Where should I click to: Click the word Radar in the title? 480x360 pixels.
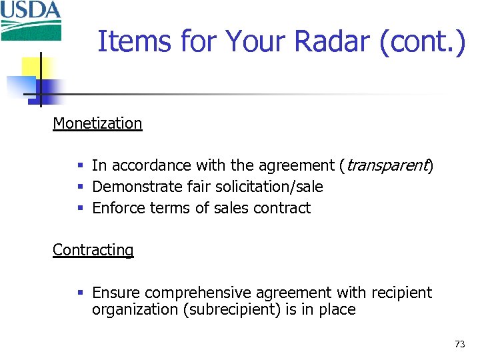point(329,41)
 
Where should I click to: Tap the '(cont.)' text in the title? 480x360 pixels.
point(422,41)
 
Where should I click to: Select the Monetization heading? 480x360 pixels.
point(97,123)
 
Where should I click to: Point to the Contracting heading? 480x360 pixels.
point(93,250)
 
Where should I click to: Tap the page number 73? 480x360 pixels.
point(459,344)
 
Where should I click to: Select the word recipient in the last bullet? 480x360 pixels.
point(400,293)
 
